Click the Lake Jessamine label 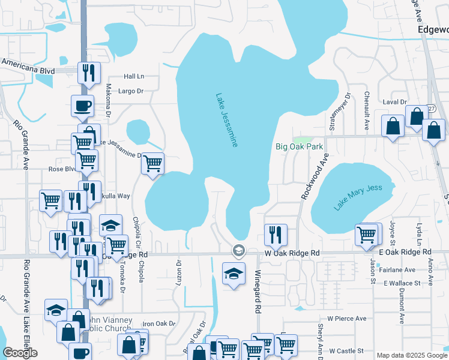point(227,120)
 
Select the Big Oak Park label point(299,146)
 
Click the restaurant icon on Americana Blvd point(89,73)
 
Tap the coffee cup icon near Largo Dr point(82,105)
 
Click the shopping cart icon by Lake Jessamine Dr point(152,162)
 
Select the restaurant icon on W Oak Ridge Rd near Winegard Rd point(276,234)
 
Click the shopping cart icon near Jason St point(366,235)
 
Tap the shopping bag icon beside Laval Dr point(393,126)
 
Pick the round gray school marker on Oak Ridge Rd point(238,250)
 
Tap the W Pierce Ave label point(346,318)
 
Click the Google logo point(20,353)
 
